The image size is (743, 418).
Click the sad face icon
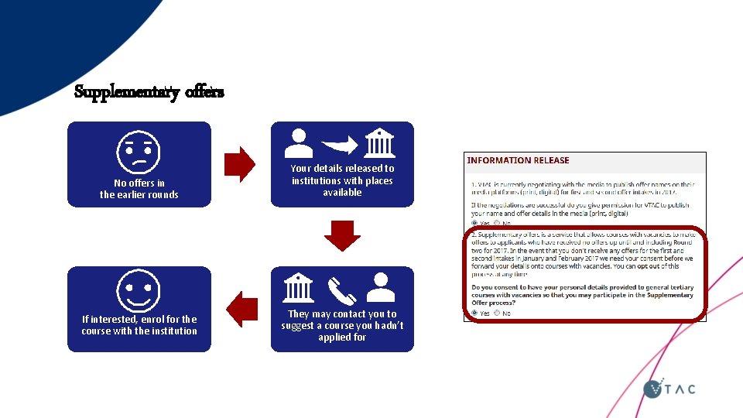click(x=139, y=152)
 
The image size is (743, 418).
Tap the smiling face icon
click(x=139, y=290)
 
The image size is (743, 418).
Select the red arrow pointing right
click(x=239, y=164)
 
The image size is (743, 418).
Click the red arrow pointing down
click(x=342, y=235)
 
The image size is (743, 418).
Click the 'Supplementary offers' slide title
click(x=149, y=92)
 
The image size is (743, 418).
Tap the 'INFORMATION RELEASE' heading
click(x=518, y=160)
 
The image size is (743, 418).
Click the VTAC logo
click(x=669, y=387)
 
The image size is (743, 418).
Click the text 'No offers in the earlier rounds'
click(x=139, y=189)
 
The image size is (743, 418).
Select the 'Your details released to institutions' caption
click(x=342, y=180)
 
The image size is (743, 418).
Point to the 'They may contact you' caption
click(x=342, y=325)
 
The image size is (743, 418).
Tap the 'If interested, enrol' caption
click(x=139, y=325)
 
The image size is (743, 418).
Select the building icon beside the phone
click(x=298, y=288)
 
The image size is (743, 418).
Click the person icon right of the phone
click(x=381, y=288)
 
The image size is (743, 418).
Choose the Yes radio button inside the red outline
click(x=474, y=313)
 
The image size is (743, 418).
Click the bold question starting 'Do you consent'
click(x=582, y=295)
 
